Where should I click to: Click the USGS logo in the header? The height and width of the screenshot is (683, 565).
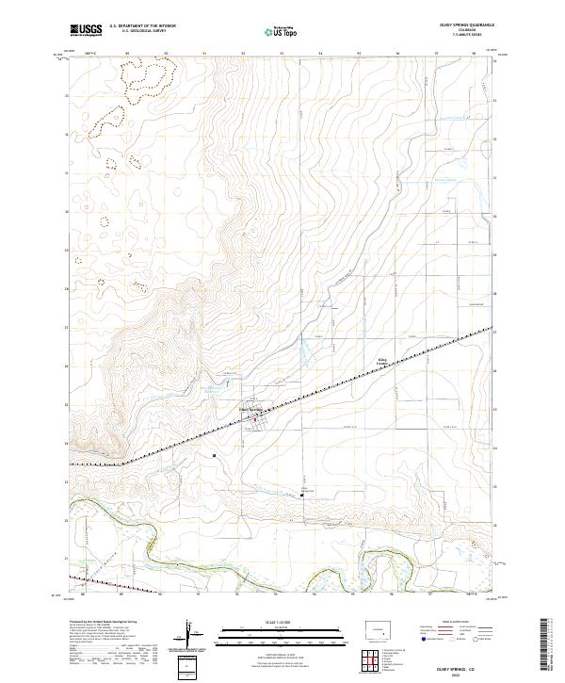point(86,30)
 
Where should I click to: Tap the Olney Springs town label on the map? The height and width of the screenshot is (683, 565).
point(251,409)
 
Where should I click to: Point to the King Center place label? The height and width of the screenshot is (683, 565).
point(383,360)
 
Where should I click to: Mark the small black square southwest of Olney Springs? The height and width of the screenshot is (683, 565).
point(216,455)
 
